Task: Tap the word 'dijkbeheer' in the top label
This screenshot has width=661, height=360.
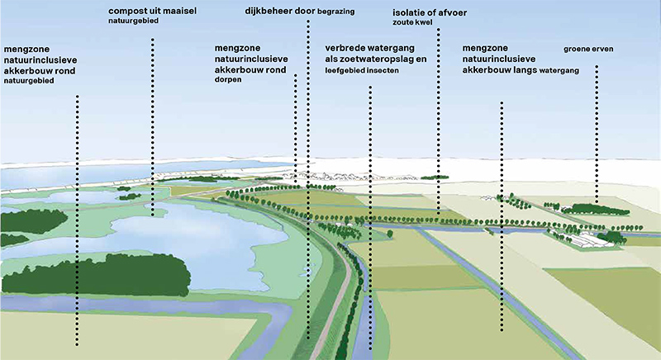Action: click(269, 12)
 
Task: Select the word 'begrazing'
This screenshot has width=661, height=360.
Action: click(335, 13)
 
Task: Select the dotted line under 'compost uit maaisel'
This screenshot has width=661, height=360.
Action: click(153, 124)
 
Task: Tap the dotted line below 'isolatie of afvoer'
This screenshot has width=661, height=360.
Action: click(438, 124)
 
